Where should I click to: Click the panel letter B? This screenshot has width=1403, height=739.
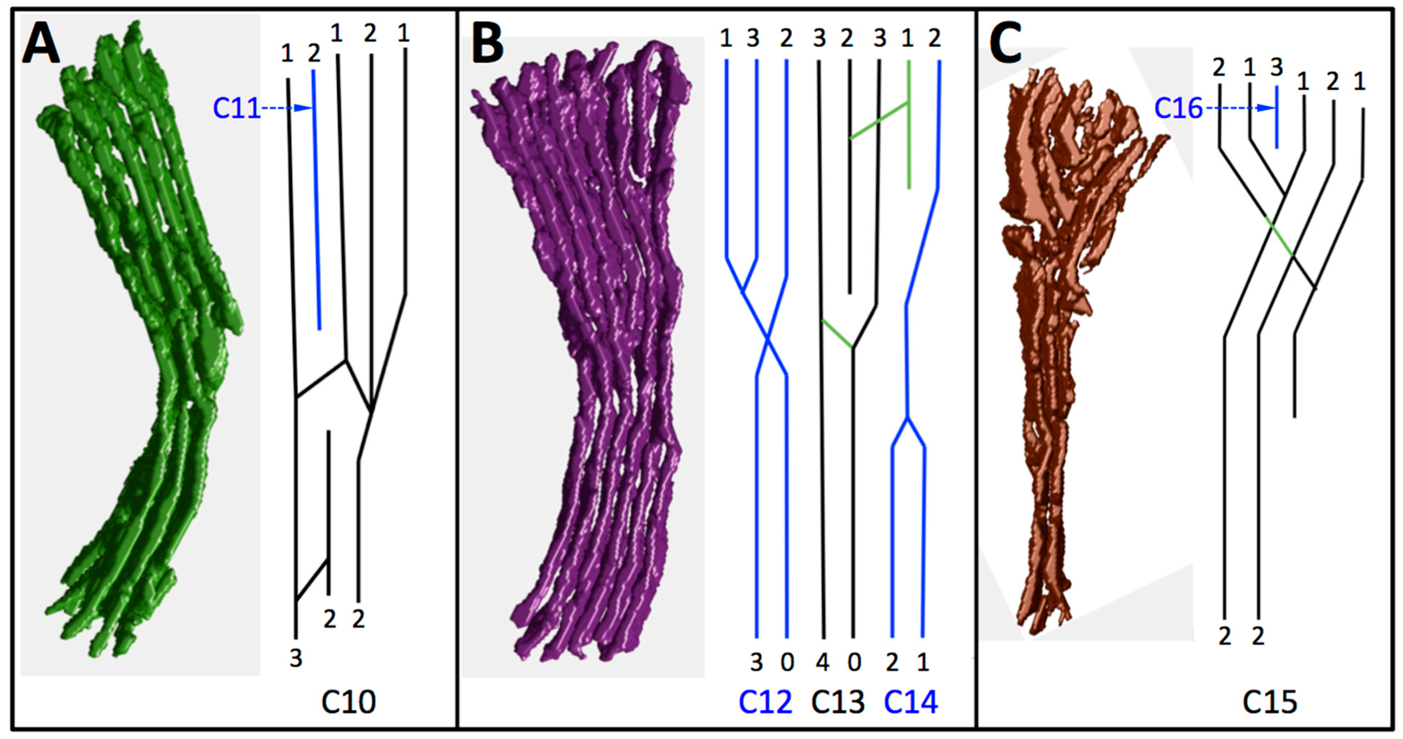coord(487,46)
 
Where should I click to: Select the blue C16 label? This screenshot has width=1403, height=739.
coord(1178,108)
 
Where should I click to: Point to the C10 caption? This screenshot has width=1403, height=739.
coord(348,702)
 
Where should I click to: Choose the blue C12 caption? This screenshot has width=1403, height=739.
coord(765,702)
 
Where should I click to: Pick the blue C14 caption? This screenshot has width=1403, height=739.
coord(911,702)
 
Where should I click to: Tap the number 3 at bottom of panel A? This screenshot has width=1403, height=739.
coord(296,658)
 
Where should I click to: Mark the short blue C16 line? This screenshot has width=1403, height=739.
coord(1276,117)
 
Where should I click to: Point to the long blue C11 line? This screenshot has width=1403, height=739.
coord(316,201)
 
